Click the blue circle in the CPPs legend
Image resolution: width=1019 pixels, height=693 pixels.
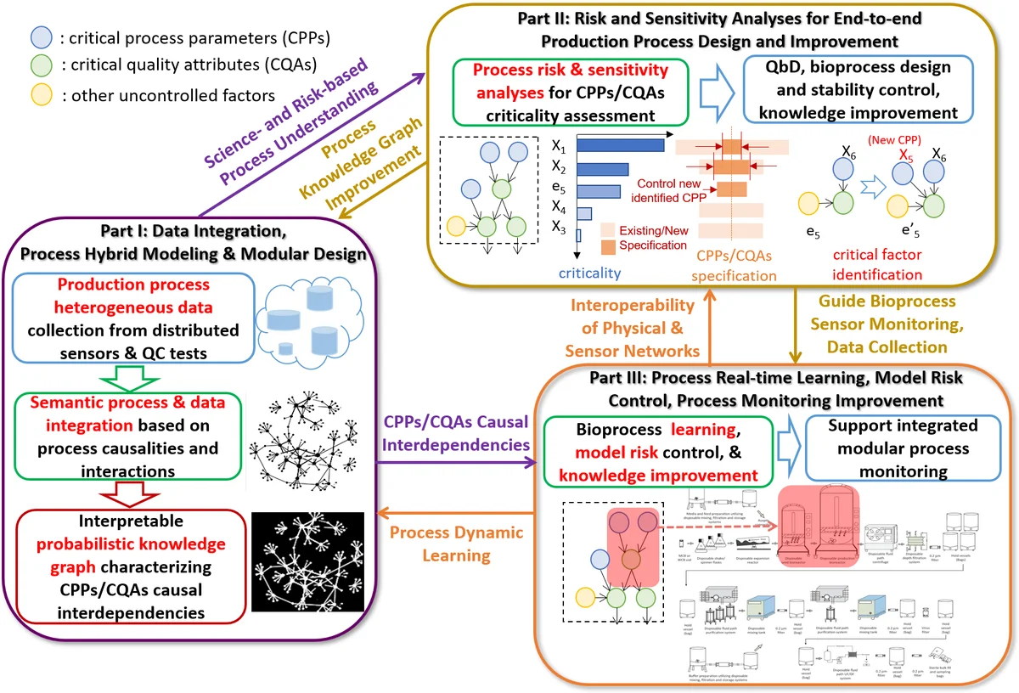pos(41,39)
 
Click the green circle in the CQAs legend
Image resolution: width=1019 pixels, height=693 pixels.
pos(41,67)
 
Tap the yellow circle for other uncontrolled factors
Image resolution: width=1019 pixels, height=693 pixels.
pos(41,95)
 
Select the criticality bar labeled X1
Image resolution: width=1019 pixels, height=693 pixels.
pos(620,146)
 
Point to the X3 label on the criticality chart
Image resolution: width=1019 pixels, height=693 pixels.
pos(558,227)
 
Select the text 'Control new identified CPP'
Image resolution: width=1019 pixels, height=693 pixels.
pos(671,190)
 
